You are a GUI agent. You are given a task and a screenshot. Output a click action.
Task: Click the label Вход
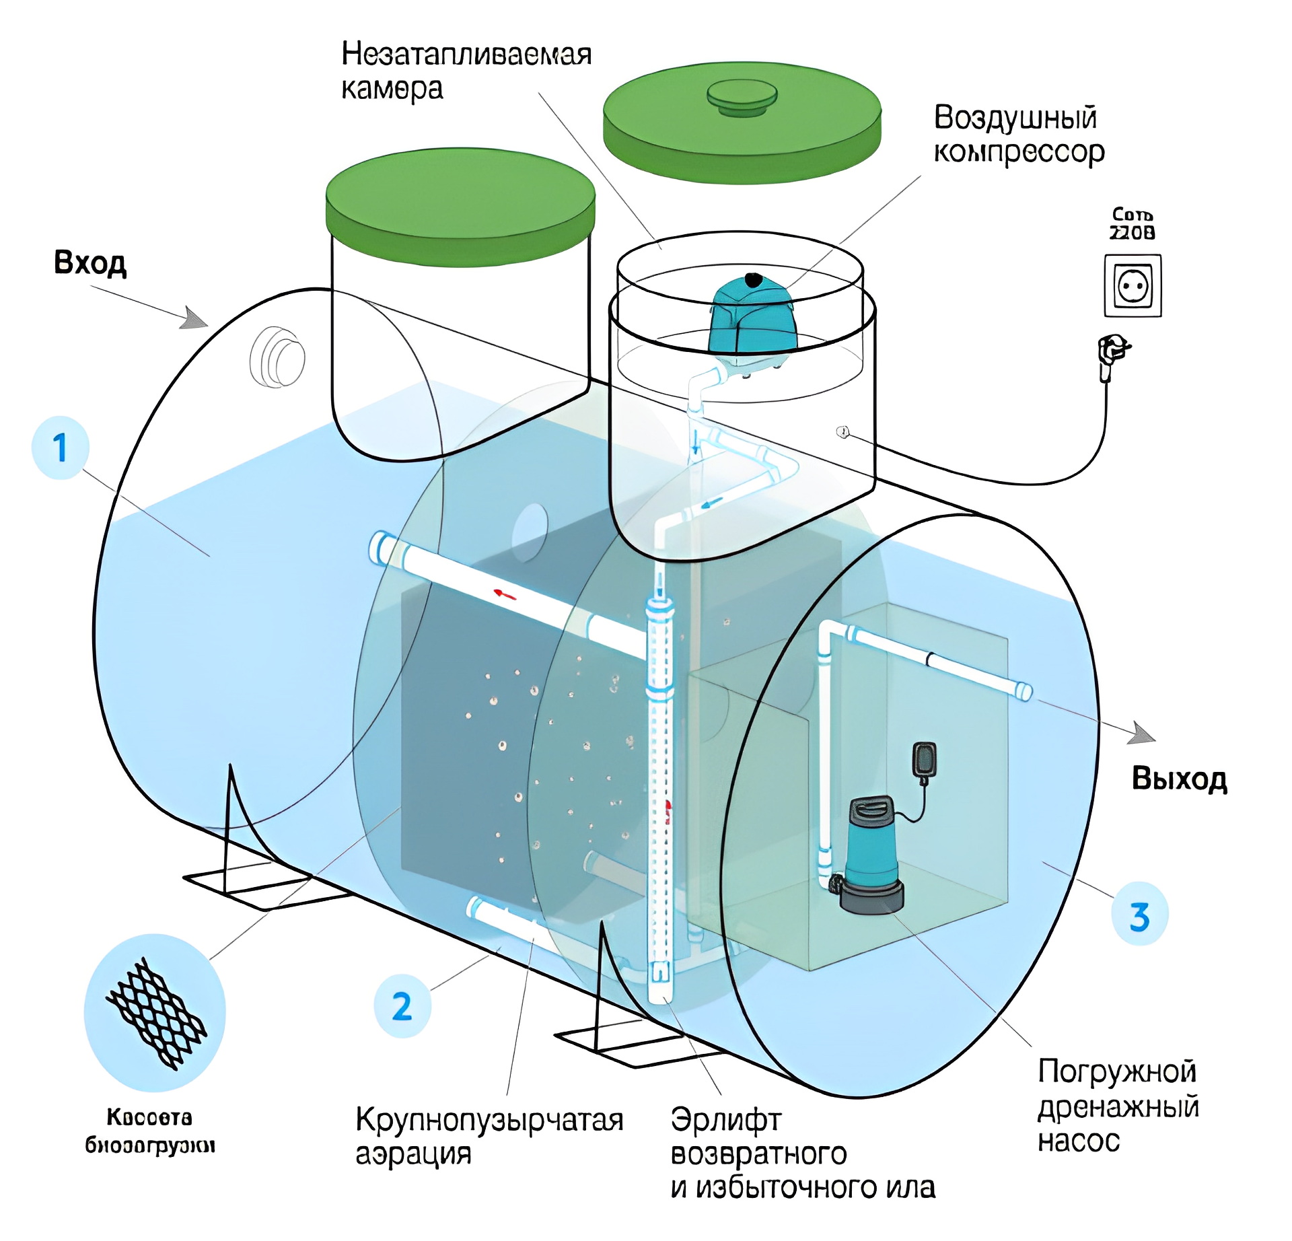[x=90, y=262]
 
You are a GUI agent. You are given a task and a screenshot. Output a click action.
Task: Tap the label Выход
[x=1179, y=779]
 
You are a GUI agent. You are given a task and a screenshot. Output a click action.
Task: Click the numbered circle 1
[x=61, y=448]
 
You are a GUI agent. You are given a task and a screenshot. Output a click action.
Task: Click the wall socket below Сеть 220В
[x=1133, y=286]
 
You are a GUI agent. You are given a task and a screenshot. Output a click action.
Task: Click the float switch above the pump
[x=924, y=760]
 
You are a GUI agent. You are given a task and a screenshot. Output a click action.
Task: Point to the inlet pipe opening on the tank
[x=277, y=357]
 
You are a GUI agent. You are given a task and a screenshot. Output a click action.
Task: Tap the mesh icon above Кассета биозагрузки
[x=155, y=1013]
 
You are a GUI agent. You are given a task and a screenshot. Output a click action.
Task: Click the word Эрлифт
[x=725, y=1121]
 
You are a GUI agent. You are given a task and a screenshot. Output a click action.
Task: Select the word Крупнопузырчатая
[x=489, y=1121]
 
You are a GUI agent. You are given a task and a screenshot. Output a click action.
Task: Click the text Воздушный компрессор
[x=1018, y=135]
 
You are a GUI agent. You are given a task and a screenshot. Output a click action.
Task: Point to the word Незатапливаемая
[x=466, y=54]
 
